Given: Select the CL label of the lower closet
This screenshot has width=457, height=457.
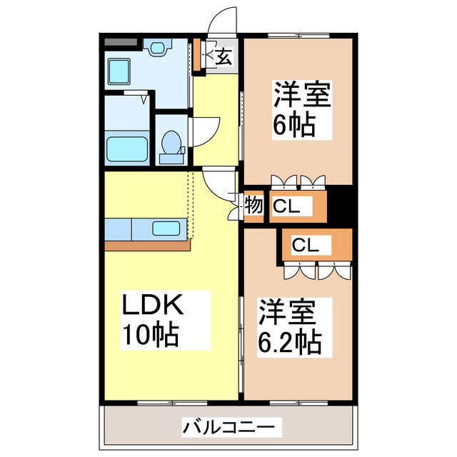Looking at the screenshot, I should click(x=305, y=245).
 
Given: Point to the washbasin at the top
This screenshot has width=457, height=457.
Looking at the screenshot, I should click(x=156, y=47).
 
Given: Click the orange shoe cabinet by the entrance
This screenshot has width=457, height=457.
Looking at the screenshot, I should click(x=198, y=56).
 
